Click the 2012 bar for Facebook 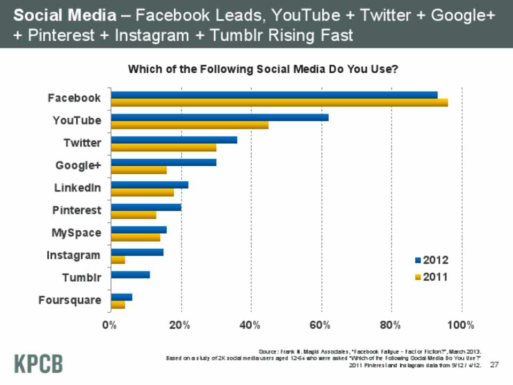pyautogui.click(x=274, y=95)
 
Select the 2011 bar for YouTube pyautogui.click(x=189, y=125)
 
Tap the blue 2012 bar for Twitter pyautogui.click(x=174, y=140)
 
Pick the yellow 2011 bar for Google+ pyautogui.click(x=138, y=170)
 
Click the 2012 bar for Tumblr pyautogui.click(x=130, y=275)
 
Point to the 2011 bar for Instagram pyautogui.click(x=118, y=260)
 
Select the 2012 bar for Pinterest pyautogui.click(x=146, y=207)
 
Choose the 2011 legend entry pyautogui.click(x=431, y=277)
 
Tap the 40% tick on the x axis pyautogui.click(x=251, y=325)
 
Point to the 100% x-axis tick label pyautogui.click(x=461, y=325)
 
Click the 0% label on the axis pyautogui.click(x=111, y=325)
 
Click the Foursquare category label pyautogui.click(x=70, y=300)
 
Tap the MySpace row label pyautogui.click(x=76, y=233)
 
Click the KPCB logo pyautogui.click(x=38, y=363)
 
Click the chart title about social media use pyautogui.click(x=262, y=70)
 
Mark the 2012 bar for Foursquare pyautogui.click(x=121, y=297)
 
